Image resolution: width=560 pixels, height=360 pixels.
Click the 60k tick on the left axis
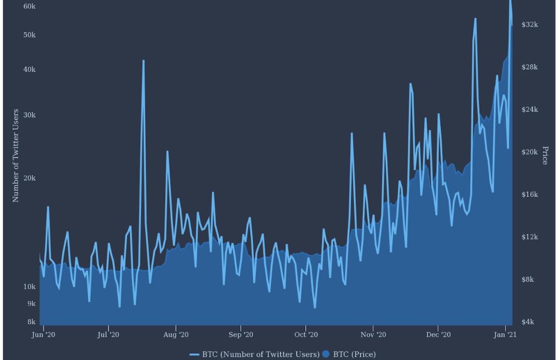[x=29, y=7]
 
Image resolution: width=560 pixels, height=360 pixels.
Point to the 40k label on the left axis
[x=29, y=70]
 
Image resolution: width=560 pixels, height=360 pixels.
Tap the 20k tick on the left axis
[x=29, y=178]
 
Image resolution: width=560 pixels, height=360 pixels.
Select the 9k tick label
[x=31, y=303]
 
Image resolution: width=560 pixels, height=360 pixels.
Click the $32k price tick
[x=530, y=24]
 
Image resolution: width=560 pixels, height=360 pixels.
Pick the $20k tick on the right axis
[x=530, y=152]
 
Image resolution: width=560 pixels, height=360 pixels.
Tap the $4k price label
[x=528, y=322]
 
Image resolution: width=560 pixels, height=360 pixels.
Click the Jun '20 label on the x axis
[x=43, y=334]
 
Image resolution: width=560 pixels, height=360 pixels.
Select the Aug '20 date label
[x=176, y=334]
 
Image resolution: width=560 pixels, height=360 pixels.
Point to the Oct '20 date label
[x=306, y=334]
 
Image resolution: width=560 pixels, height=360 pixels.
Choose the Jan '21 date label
[x=505, y=334]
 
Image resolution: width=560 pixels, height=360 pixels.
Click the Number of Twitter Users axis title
[x=15, y=155]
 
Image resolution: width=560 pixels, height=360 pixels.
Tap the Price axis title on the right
[x=545, y=155]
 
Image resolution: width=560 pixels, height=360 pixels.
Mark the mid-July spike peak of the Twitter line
[x=144, y=61]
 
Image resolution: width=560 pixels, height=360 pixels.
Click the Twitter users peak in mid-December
[x=475, y=19]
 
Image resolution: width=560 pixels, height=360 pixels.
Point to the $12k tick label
[x=530, y=237]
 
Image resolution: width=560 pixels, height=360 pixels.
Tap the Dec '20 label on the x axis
[x=438, y=334]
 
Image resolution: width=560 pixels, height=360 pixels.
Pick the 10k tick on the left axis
[x=29, y=287]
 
